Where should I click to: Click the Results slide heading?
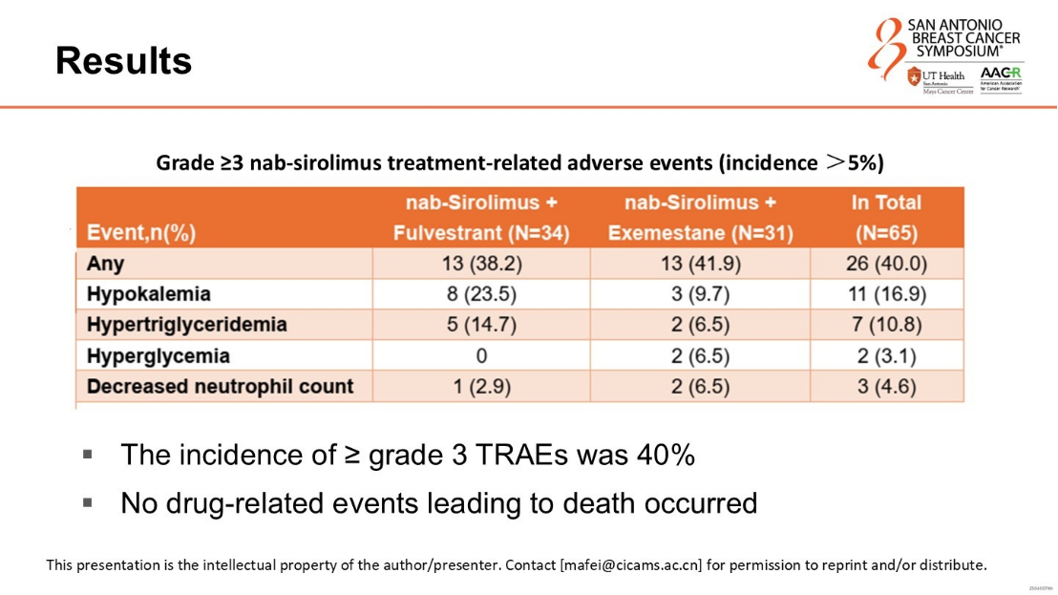point(123,61)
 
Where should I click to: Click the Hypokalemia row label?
point(148,294)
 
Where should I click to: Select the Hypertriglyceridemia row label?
point(186,325)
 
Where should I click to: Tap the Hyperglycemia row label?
point(158,356)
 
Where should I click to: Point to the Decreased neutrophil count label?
point(220,387)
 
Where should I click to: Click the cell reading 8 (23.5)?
point(481,294)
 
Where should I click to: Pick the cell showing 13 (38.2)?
point(481,264)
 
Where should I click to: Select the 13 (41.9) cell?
point(700,264)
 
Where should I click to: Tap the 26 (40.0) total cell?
point(886,264)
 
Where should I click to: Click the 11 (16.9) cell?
point(886,294)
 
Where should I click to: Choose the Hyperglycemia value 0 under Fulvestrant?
point(481,356)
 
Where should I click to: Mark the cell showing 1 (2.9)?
point(481,387)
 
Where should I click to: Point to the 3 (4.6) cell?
point(886,387)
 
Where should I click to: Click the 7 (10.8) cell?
point(886,325)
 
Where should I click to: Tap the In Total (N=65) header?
point(886,218)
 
